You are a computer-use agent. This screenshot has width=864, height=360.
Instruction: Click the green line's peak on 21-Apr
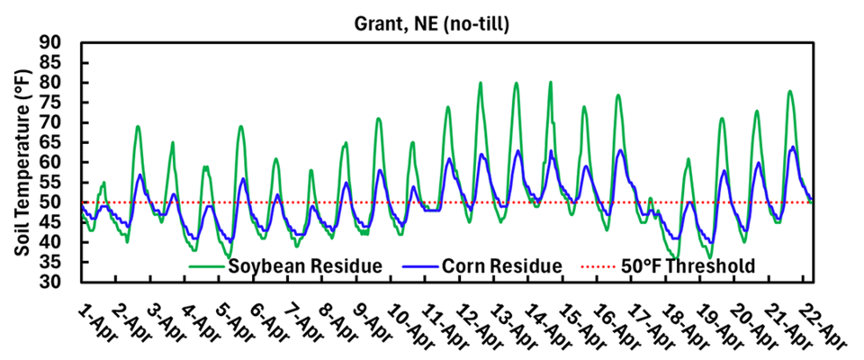click(x=789, y=91)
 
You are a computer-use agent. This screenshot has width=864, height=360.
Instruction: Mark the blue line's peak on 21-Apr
click(x=792, y=147)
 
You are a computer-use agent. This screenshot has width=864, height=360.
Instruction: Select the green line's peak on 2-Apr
click(x=138, y=127)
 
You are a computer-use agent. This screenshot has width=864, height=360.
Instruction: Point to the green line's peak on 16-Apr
click(x=618, y=94)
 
